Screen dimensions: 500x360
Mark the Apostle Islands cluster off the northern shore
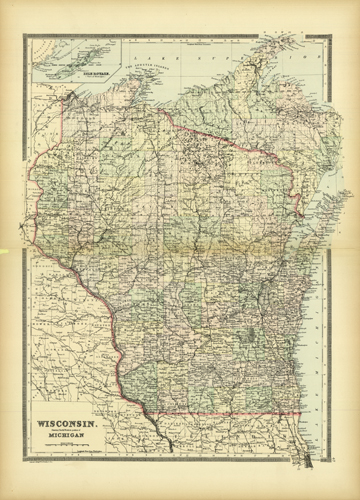pyautogui.click(x=150, y=88)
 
